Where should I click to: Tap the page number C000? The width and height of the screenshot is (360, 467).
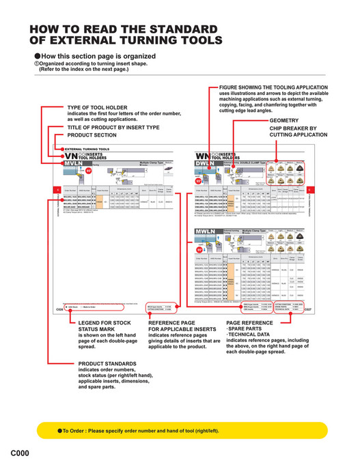click(19, 453)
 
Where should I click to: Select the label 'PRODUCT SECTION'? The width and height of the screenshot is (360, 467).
click(92, 135)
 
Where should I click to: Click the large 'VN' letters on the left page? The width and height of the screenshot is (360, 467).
click(69, 156)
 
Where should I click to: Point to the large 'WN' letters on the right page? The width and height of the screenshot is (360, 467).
click(202, 156)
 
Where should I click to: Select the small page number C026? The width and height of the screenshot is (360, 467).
click(59, 309)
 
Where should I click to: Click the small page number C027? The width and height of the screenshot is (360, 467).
click(306, 309)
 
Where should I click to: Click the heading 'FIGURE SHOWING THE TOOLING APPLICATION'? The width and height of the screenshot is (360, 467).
click(273, 87)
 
